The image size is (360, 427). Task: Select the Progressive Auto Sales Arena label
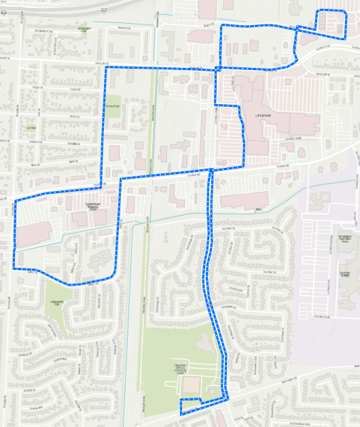(x=349, y=240)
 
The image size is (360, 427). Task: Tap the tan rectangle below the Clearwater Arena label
(x=191, y=386)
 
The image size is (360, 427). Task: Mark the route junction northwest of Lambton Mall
(x=216, y=69)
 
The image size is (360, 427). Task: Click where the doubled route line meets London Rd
(x=211, y=169)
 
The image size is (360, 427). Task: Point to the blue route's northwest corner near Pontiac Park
(x=106, y=67)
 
